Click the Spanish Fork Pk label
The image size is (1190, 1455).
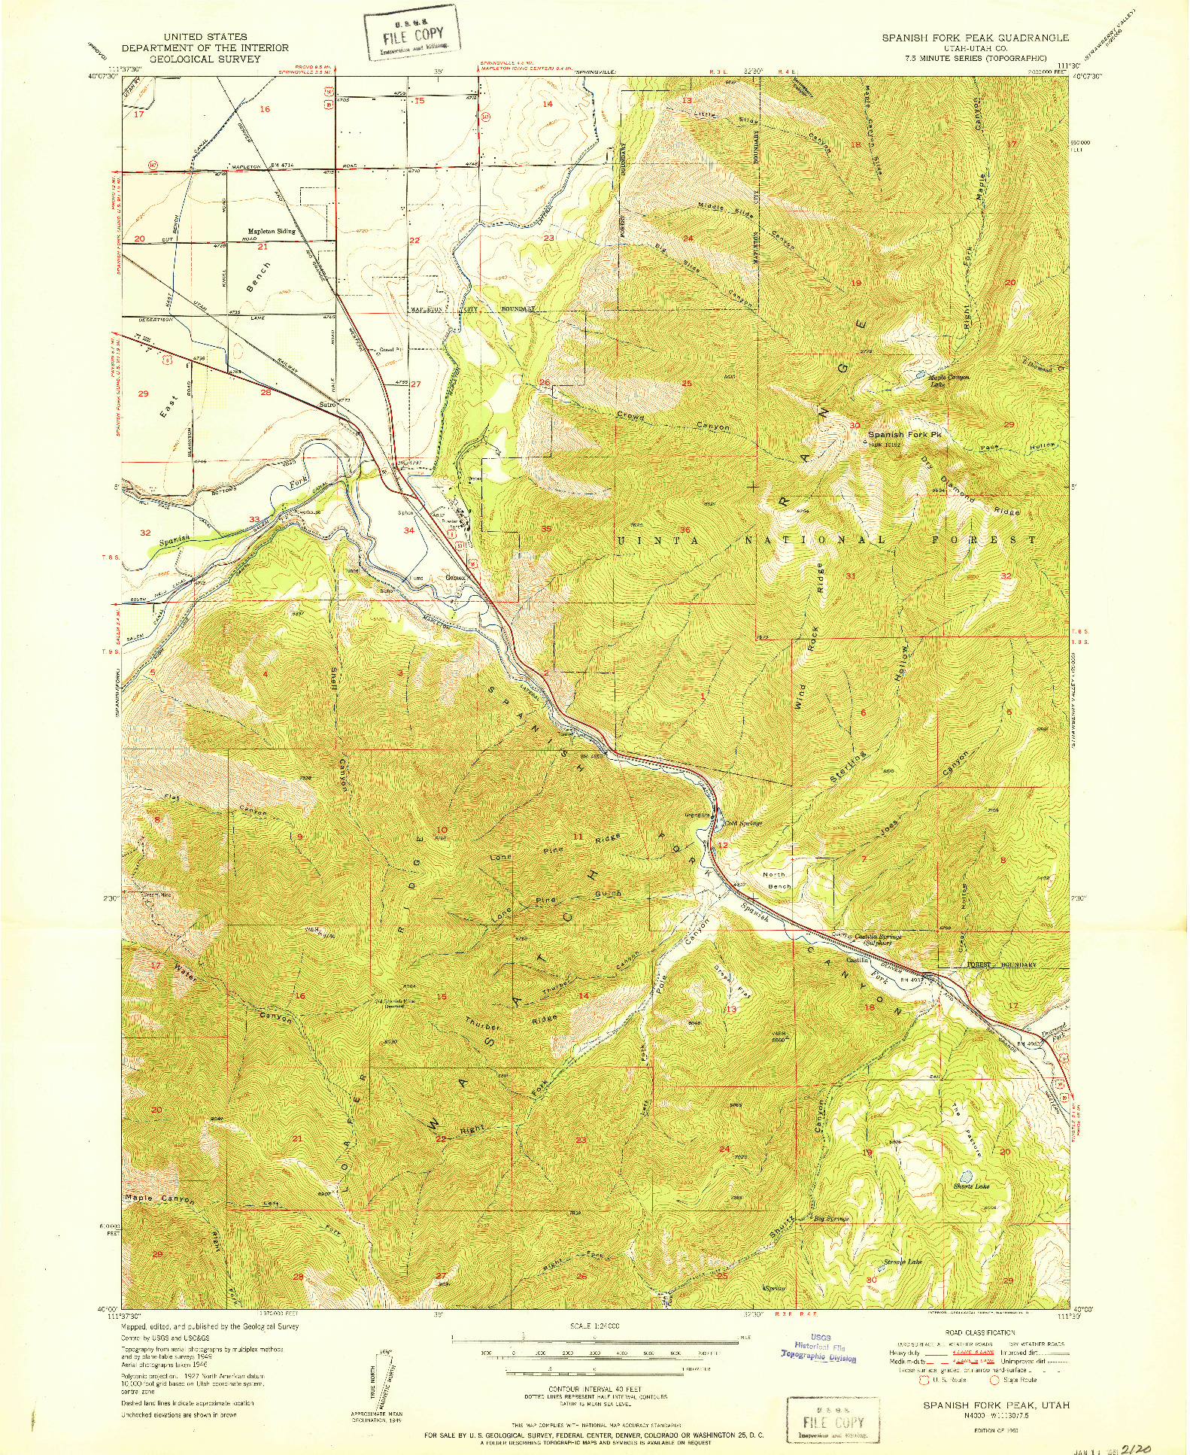coord(905,435)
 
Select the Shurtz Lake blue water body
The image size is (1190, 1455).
coord(965,1176)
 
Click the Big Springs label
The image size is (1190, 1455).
coord(831,1218)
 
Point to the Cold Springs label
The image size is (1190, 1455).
coord(743,823)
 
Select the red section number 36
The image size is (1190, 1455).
coord(685,530)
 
